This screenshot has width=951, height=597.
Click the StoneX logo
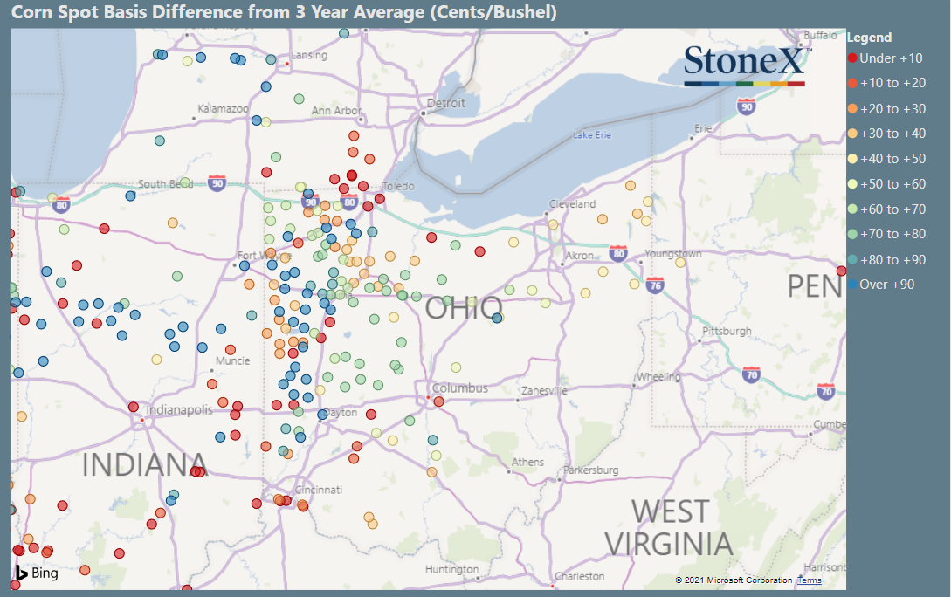click(x=745, y=64)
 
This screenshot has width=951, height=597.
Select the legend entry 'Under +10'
click(x=884, y=58)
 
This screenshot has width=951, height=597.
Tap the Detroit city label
click(x=446, y=103)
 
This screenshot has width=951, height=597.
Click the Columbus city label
click(x=459, y=388)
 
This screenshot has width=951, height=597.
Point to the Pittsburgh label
click(x=727, y=332)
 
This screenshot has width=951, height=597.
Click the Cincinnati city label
click(x=318, y=490)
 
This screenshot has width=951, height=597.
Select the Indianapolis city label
click(x=179, y=409)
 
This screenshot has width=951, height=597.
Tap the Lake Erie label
click(x=592, y=135)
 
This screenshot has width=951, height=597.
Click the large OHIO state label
click(x=463, y=308)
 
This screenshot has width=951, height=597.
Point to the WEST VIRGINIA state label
click(x=670, y=527)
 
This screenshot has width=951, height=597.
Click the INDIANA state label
click(x=145, y=464)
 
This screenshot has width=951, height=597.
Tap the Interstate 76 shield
click(x=656, y=285)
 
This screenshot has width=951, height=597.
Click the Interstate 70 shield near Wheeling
click(x=752, y=375)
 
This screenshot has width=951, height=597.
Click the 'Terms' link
click(x=810, y=580)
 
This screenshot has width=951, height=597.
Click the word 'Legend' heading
click(x=869, y=38)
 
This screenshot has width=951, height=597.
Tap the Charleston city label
click(x=580, y=576)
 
